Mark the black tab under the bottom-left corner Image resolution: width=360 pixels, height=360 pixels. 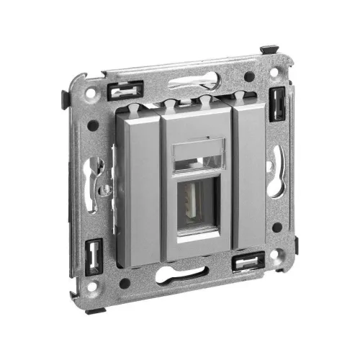click(96, 310)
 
